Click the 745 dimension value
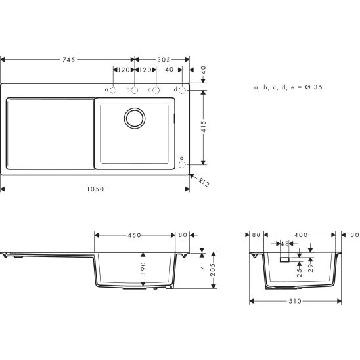[68, 60]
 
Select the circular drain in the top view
[135, 118]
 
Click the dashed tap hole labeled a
[112, 89]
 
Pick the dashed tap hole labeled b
[134, 89]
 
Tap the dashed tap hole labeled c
[156, 89]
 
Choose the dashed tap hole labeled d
[182, 89]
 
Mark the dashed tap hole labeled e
[182, 165]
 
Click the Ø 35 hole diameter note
[288, 87]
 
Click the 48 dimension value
[285, 244]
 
